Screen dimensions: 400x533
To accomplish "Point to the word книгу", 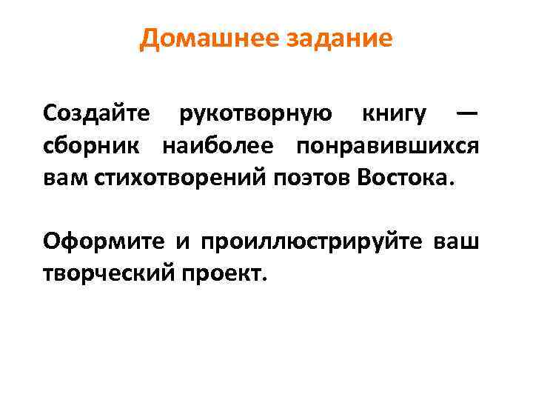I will click(394, 114).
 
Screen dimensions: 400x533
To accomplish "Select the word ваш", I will click(460, 241).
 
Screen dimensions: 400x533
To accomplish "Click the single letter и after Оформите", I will click(181, 243).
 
